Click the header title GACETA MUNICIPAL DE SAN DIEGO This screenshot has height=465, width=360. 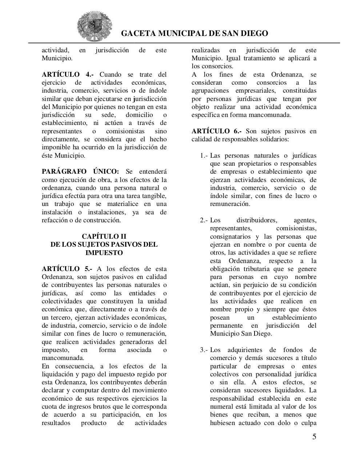click(194, 33)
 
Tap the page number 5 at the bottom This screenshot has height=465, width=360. click(314, 437)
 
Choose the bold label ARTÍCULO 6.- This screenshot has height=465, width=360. click(216, 131)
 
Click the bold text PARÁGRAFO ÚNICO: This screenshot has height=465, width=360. click(80, 171)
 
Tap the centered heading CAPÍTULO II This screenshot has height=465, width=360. click(104, 236)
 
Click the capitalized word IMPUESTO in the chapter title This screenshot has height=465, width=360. click(104, 252)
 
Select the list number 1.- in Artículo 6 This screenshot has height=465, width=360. click(204, 155)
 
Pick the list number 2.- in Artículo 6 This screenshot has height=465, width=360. click(204, 220)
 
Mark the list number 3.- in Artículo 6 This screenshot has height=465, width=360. click(204, 350)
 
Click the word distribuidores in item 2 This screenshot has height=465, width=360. click(257, 220)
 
